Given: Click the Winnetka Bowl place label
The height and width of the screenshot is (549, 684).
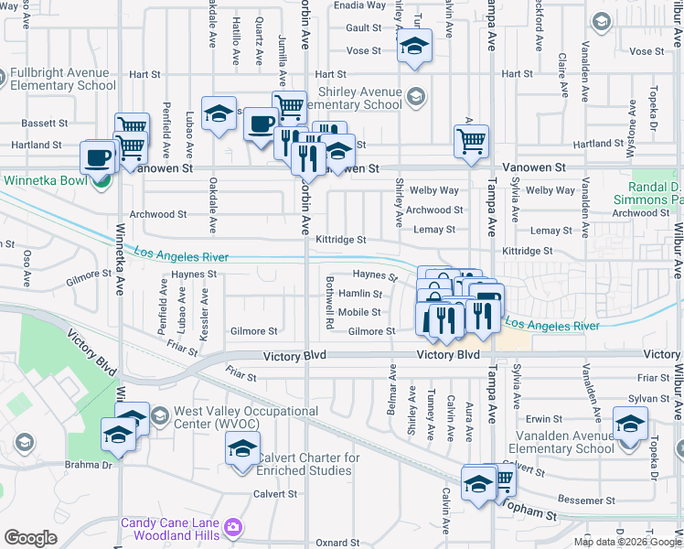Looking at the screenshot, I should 46,179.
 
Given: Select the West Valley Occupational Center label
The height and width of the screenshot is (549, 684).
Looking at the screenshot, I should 247,417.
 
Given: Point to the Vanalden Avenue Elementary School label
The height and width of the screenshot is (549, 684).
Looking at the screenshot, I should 565,442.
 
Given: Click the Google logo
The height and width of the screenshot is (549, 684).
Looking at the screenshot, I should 30,538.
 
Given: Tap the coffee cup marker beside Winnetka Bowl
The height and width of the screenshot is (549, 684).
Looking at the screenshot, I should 98,156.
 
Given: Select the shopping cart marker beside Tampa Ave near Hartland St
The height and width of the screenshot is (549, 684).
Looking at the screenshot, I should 472,141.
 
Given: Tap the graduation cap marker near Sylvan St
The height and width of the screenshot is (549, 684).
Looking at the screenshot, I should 630,424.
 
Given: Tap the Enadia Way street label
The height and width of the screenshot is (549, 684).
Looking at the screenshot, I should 360,5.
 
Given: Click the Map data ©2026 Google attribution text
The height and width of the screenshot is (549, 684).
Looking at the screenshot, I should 626,542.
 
